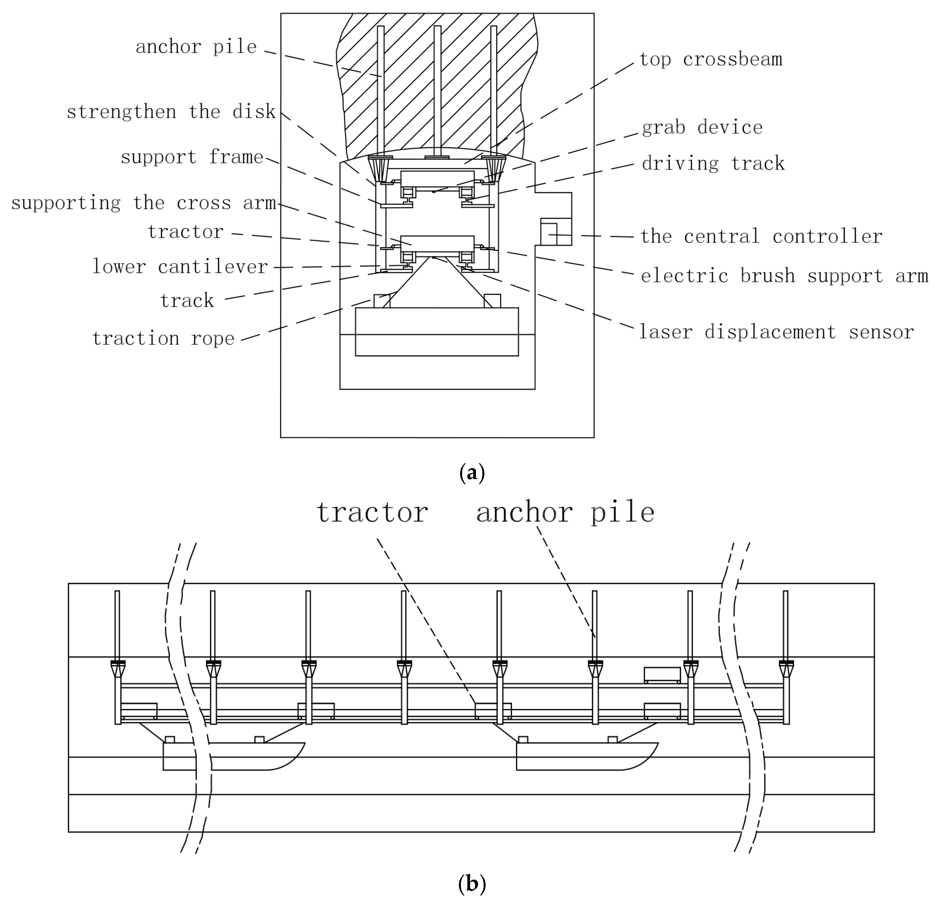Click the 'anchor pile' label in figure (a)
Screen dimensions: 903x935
pyautogui.click(x=196, y=47)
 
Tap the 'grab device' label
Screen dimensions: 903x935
pyautogui.click(x=702, y=128)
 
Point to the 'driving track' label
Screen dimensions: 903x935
pyautogui.click(x=713, y=164)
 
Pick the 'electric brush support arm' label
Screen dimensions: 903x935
pyautogui.click(x=784, y=276)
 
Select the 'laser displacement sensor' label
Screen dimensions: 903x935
pyautogui.click(x=776, y=332)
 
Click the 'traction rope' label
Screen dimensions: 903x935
pyautogui.click(x=163, y=339)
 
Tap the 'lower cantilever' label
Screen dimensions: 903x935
pyautogui.click(x=180, y=267)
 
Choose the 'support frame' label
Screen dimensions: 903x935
pyautogui.click(x=192, y=157)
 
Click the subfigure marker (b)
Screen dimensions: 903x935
pyautogui.click(x=471, y=883)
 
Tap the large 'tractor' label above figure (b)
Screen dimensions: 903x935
pyautogui.click(x=372, y=513)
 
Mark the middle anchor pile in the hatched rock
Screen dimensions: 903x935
pyautogui.click(x=437, y=91)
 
